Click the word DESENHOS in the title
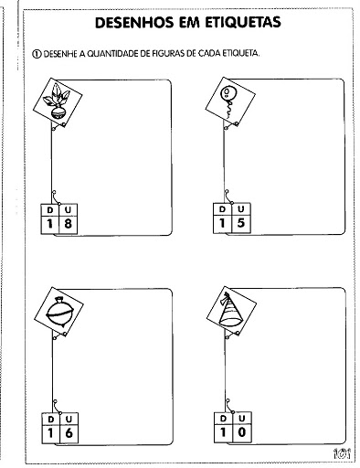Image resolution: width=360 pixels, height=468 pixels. pyautogui.click(x=135, y=23)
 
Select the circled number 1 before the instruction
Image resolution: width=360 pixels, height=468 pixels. pyautogui.click(x=37, y=54)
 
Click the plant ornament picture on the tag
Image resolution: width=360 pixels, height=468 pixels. pyautogui.click(x=57, y=101)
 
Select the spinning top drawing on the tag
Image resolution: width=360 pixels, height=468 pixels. pyautogui.click(x=60, y=312)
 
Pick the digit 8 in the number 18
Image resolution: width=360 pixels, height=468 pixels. pyautogui.click(x=68, y=224)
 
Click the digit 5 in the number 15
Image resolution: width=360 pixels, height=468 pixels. pyautogui.click(x=240, y=223)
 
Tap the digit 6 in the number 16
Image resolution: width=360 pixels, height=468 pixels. pyautogui.click(x=69, y=432)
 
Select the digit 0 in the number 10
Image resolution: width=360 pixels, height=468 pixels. pyautogui.click(x=242, y=431)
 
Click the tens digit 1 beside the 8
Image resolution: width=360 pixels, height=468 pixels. pyautogui.click(x=49, y=224)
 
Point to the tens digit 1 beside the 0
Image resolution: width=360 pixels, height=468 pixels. pyautogui.click(x=223, y=431)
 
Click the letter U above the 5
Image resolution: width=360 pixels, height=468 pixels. pyautogui.click(x=241, y=209)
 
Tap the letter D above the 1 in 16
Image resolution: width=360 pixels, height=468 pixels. pyautogui.click(x=51, y=420)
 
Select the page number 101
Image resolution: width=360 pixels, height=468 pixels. pyautogui.click(x=342, y=453)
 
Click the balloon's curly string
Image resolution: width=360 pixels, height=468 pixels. pyautogui.click(x=229, y=110)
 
